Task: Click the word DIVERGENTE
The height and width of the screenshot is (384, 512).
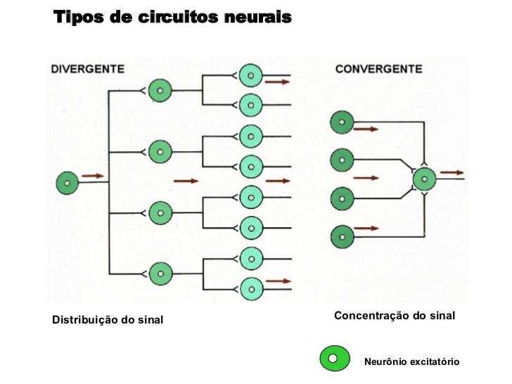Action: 88,69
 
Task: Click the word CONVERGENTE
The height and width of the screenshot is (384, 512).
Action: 378,69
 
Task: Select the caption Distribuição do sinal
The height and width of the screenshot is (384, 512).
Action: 107,321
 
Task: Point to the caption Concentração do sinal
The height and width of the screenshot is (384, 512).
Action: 395,316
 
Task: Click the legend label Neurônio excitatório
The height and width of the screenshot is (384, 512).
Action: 411,361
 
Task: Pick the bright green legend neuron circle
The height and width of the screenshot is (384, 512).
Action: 335,359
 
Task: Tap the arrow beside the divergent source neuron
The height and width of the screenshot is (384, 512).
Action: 94,176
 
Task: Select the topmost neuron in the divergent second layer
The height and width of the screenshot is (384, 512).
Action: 161,90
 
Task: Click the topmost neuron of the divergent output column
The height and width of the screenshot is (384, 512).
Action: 250,75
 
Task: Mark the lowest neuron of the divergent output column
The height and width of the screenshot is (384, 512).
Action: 250,287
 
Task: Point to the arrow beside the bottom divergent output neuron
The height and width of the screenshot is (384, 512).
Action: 279,281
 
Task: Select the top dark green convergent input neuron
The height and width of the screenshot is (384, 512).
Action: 342,122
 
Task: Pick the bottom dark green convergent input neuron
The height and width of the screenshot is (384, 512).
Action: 342,234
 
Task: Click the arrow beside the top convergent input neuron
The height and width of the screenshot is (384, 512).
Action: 366,129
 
